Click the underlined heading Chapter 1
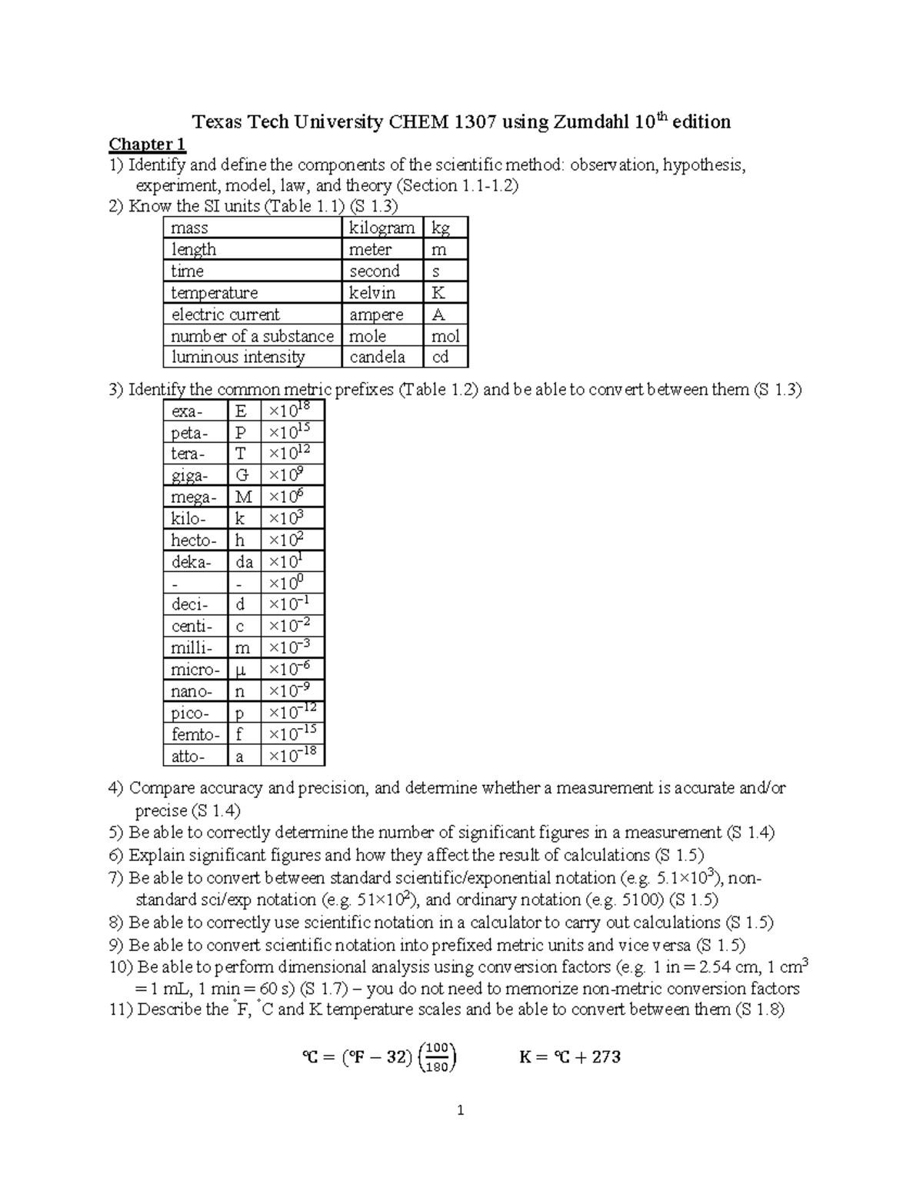tap(147, 145)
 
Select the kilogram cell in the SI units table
tap(382, 228)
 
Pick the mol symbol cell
tap(445, 336)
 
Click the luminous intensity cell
tap(238, 357)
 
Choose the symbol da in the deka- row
tap(244, 562)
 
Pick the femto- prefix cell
tap(195, 734)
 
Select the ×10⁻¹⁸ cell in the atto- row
tap(292, 755)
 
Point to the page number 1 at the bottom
tap(461, 1110)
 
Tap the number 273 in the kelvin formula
tap(606, 1057)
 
